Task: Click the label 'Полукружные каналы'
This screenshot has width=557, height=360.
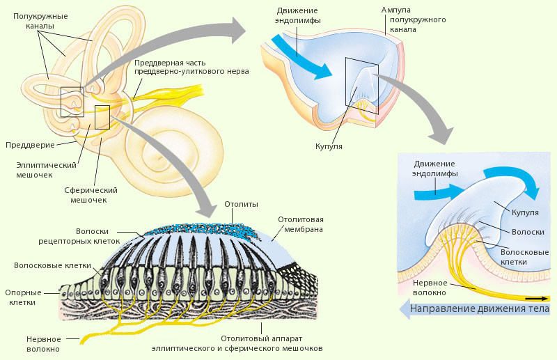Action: click(x=41, y=20)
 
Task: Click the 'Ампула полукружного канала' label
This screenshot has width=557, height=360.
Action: click(x=414, y=21)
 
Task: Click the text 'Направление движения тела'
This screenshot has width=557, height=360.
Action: click(x=480, y=308)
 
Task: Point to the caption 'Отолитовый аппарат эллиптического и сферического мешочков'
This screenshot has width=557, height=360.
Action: click(x=272, y=343)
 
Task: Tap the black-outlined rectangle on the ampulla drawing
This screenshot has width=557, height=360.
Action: click(x=362, y=85)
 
